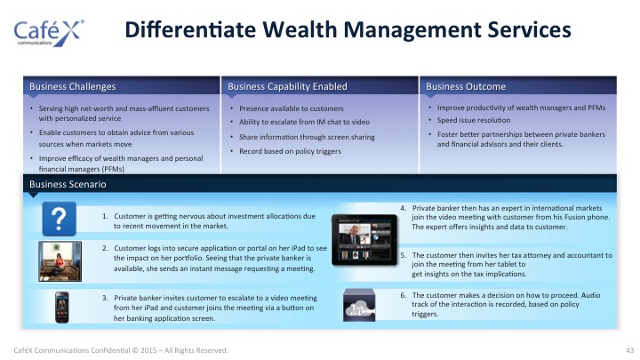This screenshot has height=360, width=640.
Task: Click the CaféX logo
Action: coord(49,33)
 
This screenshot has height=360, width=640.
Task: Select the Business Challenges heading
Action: coord(73,86)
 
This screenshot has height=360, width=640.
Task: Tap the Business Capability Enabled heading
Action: coord(287,86)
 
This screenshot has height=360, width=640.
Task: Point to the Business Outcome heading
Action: coord(466,86)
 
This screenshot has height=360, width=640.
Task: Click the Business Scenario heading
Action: coord(68,184)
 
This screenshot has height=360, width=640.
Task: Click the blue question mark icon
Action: coord(60,219)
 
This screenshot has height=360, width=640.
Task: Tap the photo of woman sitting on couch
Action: coord(60,261)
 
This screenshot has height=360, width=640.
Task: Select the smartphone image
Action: coord(62,308)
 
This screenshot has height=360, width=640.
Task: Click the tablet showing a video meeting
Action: coord(364,240)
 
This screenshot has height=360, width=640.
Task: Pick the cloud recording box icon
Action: coord(359,305)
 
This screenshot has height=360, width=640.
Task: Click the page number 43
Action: coord(630,350)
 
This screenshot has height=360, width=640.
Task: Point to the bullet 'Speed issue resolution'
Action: coord(474,120)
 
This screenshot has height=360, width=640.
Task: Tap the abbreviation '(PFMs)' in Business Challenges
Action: coord(113,169)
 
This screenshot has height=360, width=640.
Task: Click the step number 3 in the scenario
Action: coord(105,298)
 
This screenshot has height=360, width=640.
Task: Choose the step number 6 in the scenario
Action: coord(404,295)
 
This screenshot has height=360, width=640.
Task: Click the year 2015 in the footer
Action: coord(148,350)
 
